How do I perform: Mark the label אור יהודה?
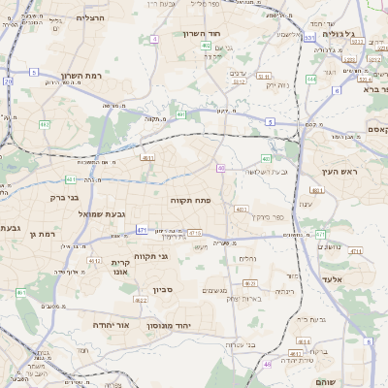click(113, 326)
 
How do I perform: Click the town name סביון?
click(162, 289)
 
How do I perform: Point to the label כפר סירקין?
click(264, 216)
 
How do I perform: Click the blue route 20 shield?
click(9, 82)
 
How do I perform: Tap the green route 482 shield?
click(45, 124)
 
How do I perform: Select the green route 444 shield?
click(311, 79)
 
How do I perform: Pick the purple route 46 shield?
click(267, 365)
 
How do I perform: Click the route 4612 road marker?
click(94, 260)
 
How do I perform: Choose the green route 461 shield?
click(20, 291)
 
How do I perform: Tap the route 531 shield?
click(308, 39)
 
